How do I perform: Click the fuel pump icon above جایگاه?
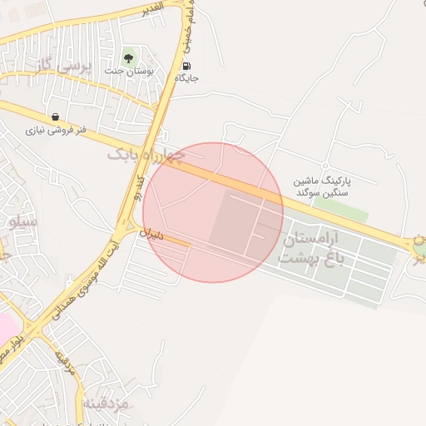point(186,66)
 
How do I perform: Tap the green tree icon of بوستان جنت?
point(128,58)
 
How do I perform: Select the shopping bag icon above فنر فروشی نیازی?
point(55,116)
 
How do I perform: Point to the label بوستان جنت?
point(126,72)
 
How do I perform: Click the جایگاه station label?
point(186,78)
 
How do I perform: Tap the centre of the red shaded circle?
point(213,212)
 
